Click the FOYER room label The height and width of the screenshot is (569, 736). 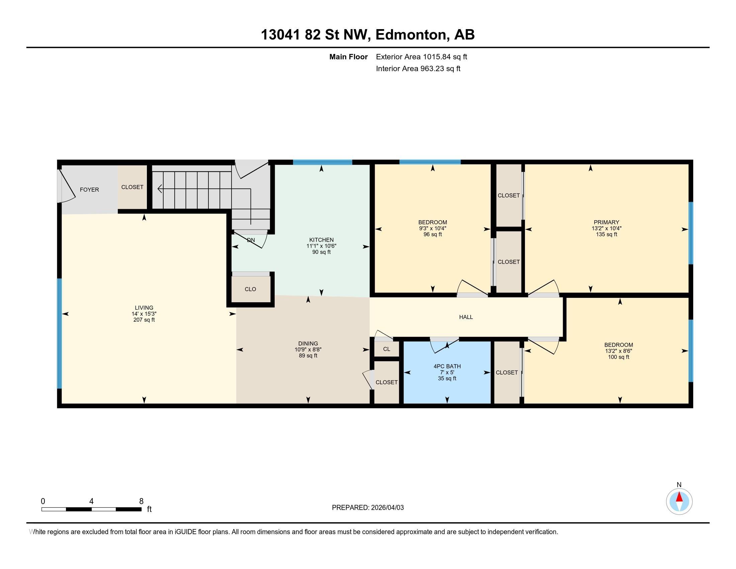(89, 190)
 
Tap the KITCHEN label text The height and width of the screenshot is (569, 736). (321, 240)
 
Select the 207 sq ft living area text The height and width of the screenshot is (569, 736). (144, 320)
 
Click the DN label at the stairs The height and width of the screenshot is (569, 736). (251, 240)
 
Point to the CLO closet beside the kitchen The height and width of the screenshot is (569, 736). (250, 289)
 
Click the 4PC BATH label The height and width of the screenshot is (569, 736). (447, 367)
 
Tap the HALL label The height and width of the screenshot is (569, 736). (466, 317)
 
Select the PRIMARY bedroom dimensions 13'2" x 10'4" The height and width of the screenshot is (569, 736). (606, 229)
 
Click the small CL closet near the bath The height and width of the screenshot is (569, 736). (386, 349)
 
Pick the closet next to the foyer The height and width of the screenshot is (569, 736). (132, 187)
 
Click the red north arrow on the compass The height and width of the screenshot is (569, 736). (679, 497)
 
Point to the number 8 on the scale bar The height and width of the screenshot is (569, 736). (141, 501)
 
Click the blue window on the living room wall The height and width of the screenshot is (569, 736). (59, 333)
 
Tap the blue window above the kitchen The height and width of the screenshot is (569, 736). (322, 162)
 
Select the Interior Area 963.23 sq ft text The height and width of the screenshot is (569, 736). (418, 69)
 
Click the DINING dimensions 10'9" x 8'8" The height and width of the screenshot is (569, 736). (308, 350)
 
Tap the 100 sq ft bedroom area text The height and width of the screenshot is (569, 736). (618, 357)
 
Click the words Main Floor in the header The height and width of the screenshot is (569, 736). (348, 57)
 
